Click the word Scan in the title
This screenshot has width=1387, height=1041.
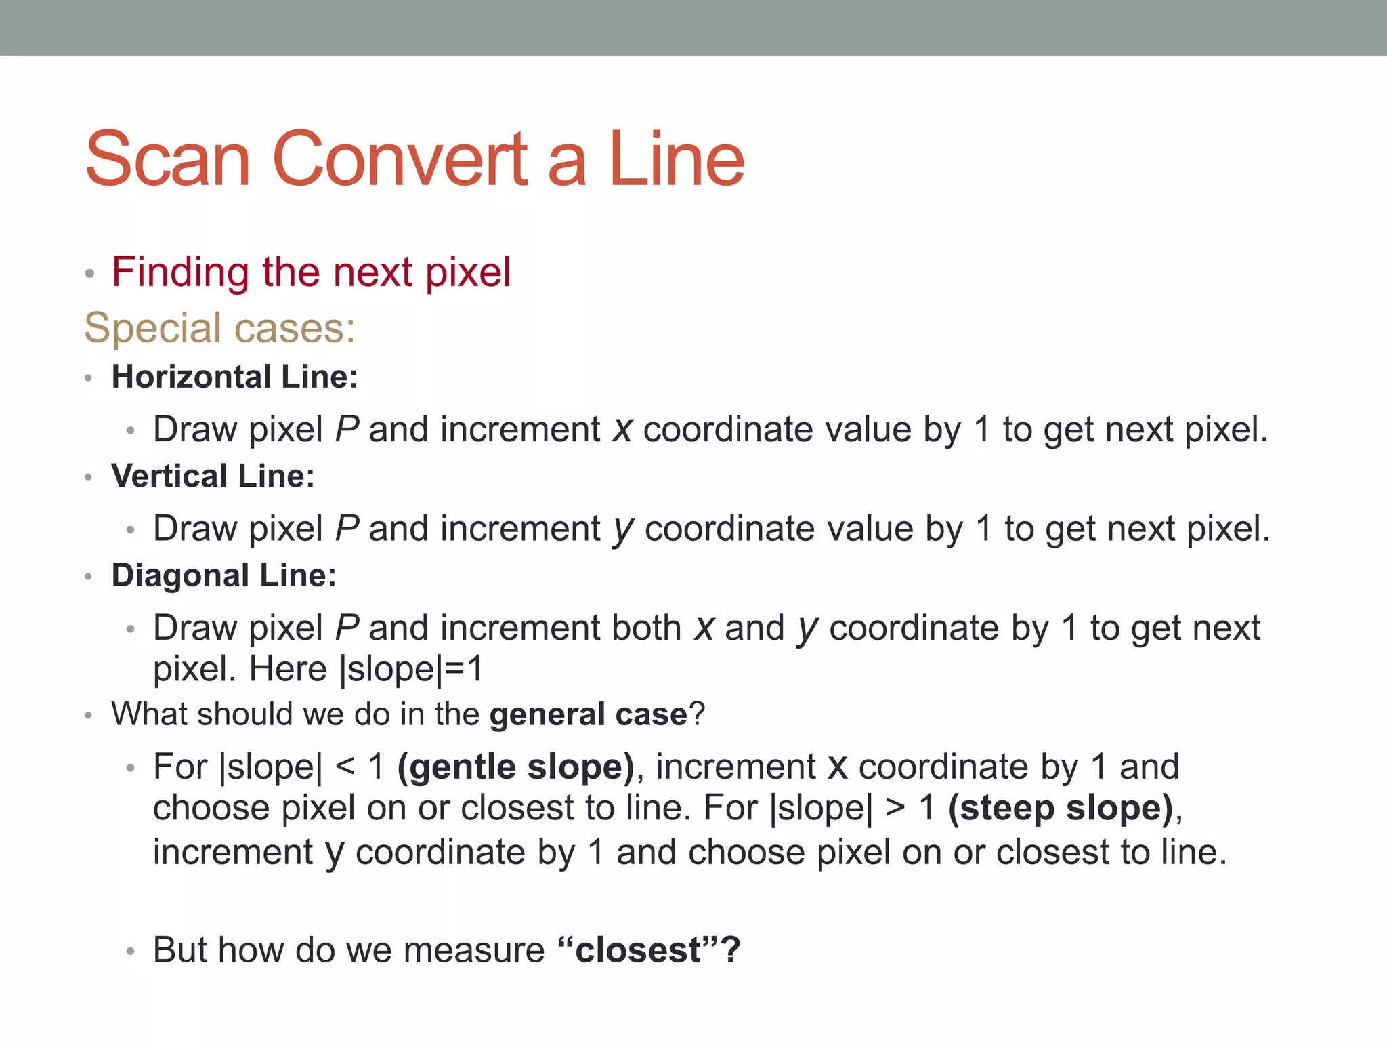pyautogui.click(x=168, y=159)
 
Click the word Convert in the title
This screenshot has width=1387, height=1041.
pyautogui.click(x=400, y=159)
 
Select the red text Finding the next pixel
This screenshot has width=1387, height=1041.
pyautogui.click(x=311, y=272)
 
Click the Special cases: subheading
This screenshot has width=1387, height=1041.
pyautogui.click(x=219, y=328)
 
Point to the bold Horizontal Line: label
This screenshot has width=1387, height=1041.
pyautogui.click(x=234, y=377)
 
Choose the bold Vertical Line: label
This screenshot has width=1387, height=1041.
pyautogui.click(x=213, y=476)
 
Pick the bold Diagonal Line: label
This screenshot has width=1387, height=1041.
pyautogui.click(x=223, y=575)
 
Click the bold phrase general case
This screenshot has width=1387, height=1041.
pyautogui.click(x=588, y=715)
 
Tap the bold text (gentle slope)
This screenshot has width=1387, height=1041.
pyautogui.click(x=515, y=767)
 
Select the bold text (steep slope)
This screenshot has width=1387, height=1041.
pyautogui.click(x=1061, y=808)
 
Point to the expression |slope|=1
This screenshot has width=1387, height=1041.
pyautogui.click(x=411, y=670)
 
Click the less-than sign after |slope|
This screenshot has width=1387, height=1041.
pyautogui.click(x=345, y=767)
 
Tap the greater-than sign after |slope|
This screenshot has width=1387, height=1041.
pyautogui.click(x=895, y=808)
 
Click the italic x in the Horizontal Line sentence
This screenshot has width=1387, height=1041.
pyautogui.click(x=622, y=430)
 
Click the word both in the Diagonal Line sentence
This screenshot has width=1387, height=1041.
pyautogui.click(x=646, y=628)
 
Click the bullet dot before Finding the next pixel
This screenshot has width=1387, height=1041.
pyautogui.click(x=89, y=274)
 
